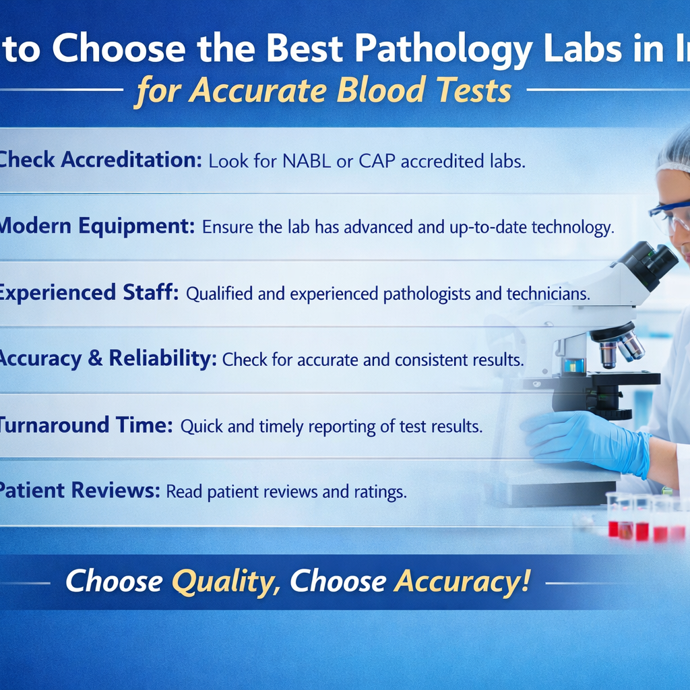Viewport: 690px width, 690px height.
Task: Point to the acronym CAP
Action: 373,162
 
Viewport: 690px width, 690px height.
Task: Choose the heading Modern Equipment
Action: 94,226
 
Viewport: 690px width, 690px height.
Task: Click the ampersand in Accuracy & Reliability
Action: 94,359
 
